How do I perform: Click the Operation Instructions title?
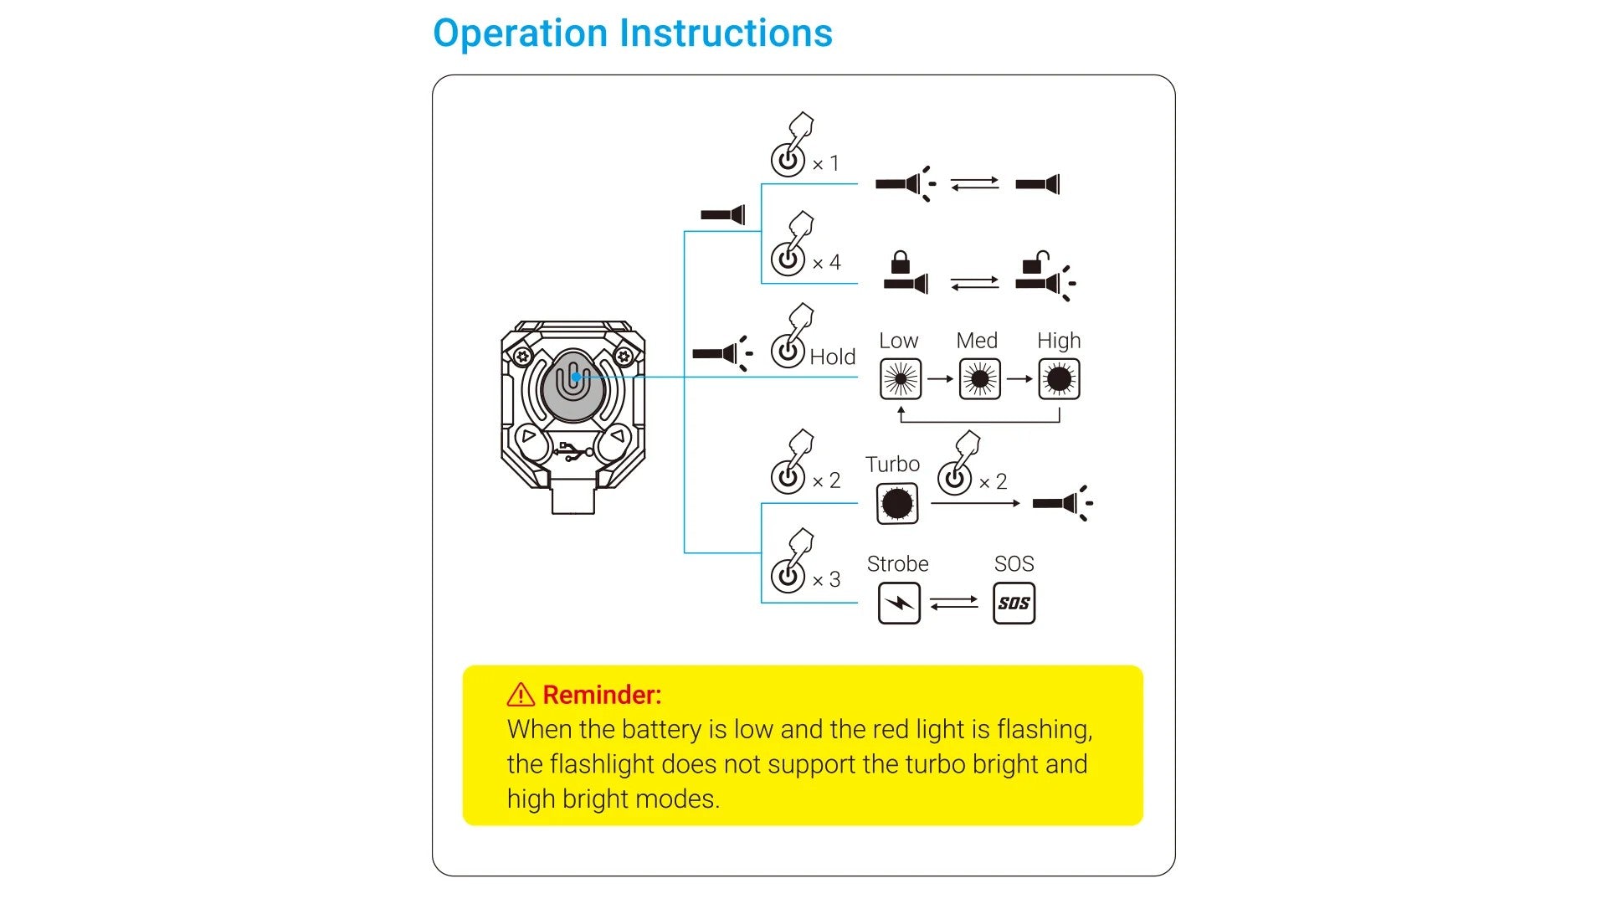click(633, 33)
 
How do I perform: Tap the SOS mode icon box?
click(1014, 604)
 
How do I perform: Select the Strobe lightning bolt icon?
click(899, 604)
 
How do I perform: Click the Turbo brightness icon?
click(897, 504)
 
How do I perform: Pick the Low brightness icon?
click(901, 379)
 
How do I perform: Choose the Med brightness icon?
click(979, 379)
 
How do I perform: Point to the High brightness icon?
click(1059, 379)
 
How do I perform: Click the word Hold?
click(832, 357)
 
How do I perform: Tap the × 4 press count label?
click(826, 263)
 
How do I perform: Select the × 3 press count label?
click(826, 579)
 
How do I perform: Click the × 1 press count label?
click(825, 164)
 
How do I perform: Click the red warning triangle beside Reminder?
click(521, 695)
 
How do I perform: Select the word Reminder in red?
click(602, 695)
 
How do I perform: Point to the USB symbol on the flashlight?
click(572, 452)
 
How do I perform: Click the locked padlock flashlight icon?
click(905, 275)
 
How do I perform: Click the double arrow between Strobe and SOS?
click(954, 603)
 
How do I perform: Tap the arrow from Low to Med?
click(940, 379)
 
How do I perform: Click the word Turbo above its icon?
click(892, 465)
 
